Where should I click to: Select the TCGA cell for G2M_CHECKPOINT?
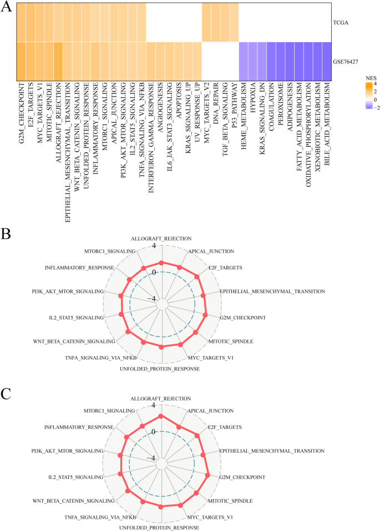point(21,22)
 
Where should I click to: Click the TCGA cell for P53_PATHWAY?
point(234,22)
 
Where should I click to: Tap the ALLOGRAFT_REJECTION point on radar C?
point(161,416)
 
